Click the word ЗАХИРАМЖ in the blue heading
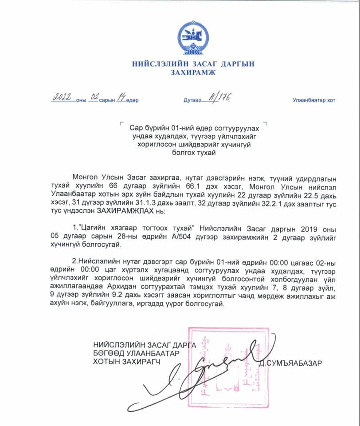(x=193, y=72)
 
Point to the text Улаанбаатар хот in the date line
(x=313, y=100)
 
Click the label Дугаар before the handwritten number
(x=193, y=100)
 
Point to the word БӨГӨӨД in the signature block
(x=109, y=353)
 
